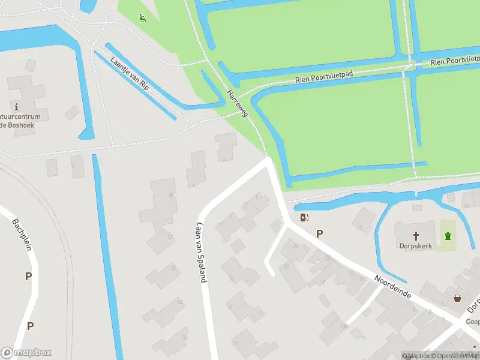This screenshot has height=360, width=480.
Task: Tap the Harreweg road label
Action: click(238, 103)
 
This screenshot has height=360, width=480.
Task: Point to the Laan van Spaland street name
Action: click(202, 253)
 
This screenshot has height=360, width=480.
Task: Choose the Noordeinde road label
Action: click(393, 287)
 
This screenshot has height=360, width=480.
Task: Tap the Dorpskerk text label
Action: click(415, 245)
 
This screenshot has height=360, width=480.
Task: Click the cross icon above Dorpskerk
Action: click(415, 235)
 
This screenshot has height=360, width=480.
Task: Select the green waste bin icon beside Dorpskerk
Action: click(448, 236)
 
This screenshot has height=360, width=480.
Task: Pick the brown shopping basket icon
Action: click(458, 298)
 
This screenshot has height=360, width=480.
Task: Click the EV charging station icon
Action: click(304, 218)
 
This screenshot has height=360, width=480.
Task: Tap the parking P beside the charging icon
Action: click(319, 233)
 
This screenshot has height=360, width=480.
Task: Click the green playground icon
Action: click(142, 17)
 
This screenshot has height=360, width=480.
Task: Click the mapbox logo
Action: click(26, 353)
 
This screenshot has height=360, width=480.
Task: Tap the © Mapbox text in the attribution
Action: click(419, 356)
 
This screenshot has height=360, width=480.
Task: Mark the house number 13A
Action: click(344, 326)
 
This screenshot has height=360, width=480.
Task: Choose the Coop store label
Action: click(472, 322)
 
